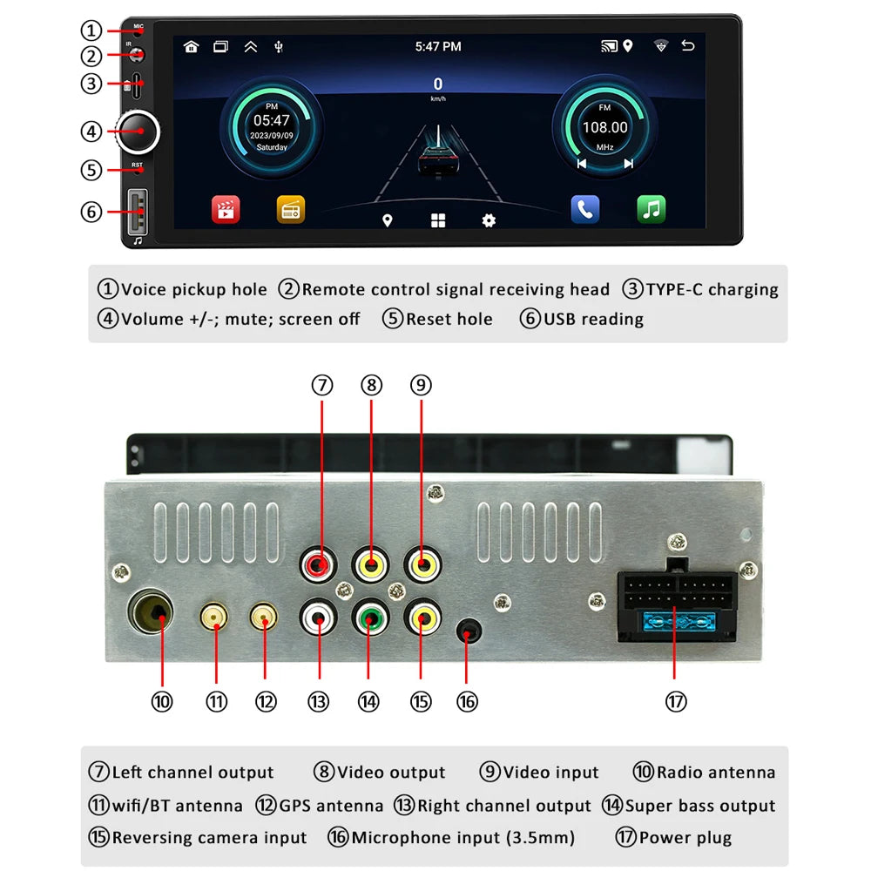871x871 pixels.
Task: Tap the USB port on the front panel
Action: (x=138, y=213)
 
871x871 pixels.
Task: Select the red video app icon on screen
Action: (x=226, y=209)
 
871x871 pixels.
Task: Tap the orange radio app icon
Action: (x=291, y=209)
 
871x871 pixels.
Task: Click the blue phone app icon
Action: (x=584, y=209)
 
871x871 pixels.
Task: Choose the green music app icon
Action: (x=651, y=209)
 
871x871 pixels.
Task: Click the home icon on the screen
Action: (x=191, y=47)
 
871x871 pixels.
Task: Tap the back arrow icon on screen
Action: (x=688, y=47)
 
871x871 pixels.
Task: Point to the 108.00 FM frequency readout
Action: (x=604, y=127)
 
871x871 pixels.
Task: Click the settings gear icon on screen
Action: (x=489, y=220)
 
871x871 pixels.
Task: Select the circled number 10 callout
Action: (x=162, y=701)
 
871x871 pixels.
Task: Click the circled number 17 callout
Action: (x=675, y=701)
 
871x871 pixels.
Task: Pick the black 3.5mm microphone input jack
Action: (x=469, y=631)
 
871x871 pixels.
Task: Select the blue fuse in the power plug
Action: (x=675, y=623)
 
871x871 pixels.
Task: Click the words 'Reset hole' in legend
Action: (x=449, y=319)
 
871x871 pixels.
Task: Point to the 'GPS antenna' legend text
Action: (x=331, y=806)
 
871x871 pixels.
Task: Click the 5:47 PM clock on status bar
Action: (x=437, y=47)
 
